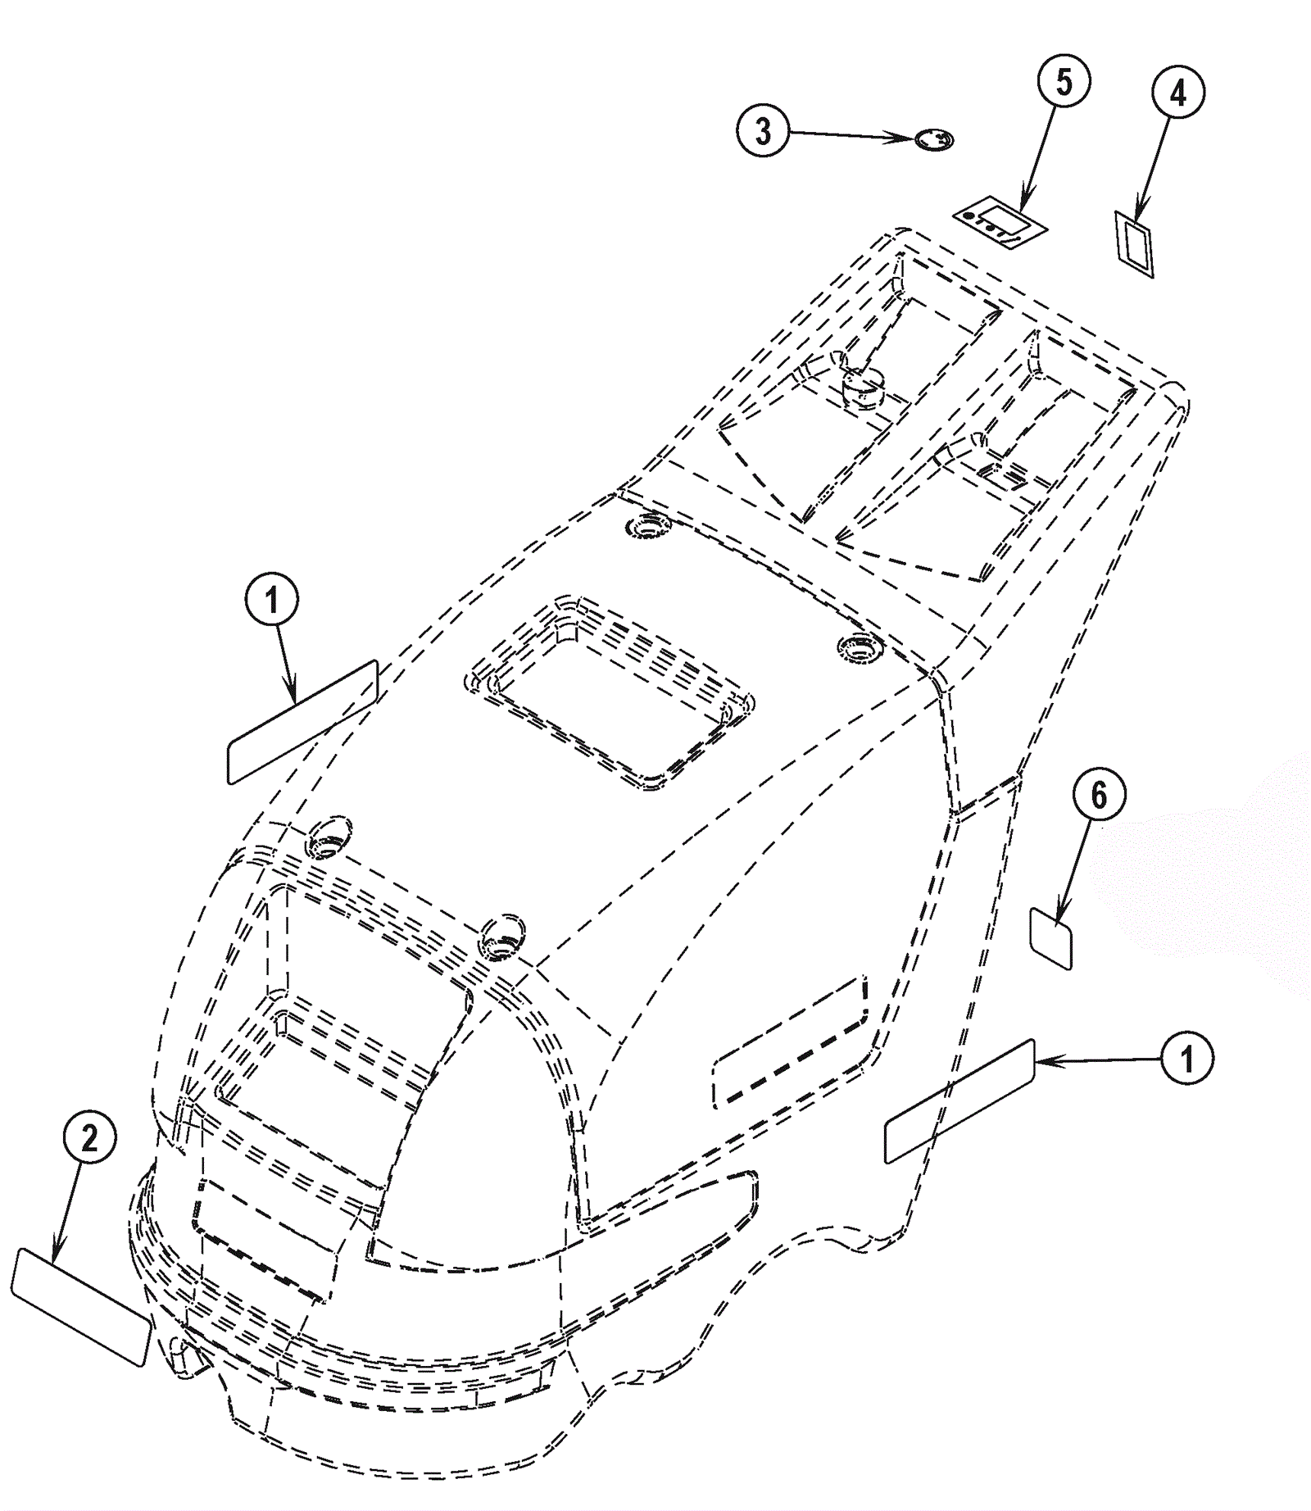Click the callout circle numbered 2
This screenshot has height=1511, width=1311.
[89, 1138]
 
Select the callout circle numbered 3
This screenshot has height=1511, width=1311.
[763, 131]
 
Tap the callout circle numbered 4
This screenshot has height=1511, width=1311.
[1177, 95]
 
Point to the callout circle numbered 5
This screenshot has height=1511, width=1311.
[1064, 82]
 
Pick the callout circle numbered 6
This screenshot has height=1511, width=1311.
[1099, 795]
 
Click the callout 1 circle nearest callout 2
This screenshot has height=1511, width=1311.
[272, 601]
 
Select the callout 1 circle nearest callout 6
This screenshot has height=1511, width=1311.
[1186, 1059]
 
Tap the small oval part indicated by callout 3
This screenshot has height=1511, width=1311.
[934, 140]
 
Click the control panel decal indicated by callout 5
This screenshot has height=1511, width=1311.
[1000, 221]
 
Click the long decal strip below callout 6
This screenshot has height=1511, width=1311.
[959, 1100]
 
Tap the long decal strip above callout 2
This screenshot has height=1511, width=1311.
[302, 722]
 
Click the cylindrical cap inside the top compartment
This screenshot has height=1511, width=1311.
[862, 385]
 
